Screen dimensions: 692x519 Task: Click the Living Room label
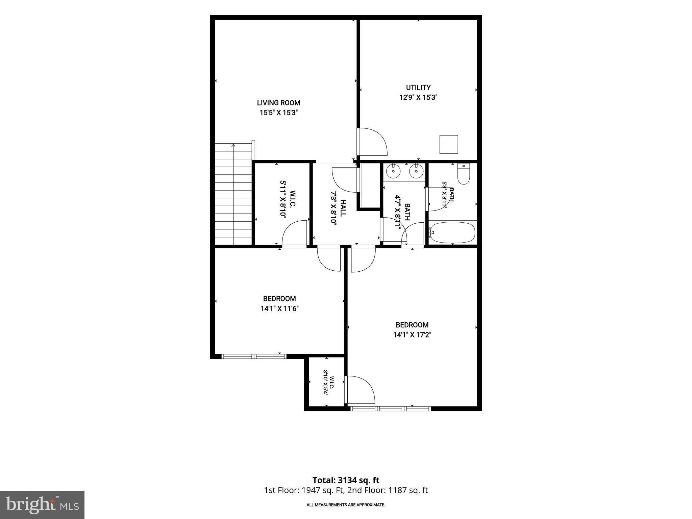[x=278, y=103]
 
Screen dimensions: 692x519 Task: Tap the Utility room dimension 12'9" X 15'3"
[x=418, y=98]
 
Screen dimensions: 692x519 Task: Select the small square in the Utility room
[x=449, y=144]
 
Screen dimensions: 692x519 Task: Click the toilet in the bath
[x=464, y=174]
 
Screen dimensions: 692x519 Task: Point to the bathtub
[x=453, y=232]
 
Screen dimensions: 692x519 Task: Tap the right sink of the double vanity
[x=416, y=172]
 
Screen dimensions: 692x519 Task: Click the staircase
[x=234, y=194]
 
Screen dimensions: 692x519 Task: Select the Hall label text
[x=343, y=208]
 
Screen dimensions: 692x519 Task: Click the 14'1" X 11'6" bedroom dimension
[x=279, y=308]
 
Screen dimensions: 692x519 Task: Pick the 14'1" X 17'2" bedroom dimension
[x=412, y=335]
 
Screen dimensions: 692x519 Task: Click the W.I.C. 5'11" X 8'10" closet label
[x=288, y=200]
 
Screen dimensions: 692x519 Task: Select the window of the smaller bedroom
[x=254, y=356]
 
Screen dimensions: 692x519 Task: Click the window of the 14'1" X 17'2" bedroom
[x=391, y=409]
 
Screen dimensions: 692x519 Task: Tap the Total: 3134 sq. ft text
[x=346, y=480]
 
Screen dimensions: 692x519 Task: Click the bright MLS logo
[x=42, y=505]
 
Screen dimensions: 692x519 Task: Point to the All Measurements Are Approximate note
[x=346, y=505]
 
